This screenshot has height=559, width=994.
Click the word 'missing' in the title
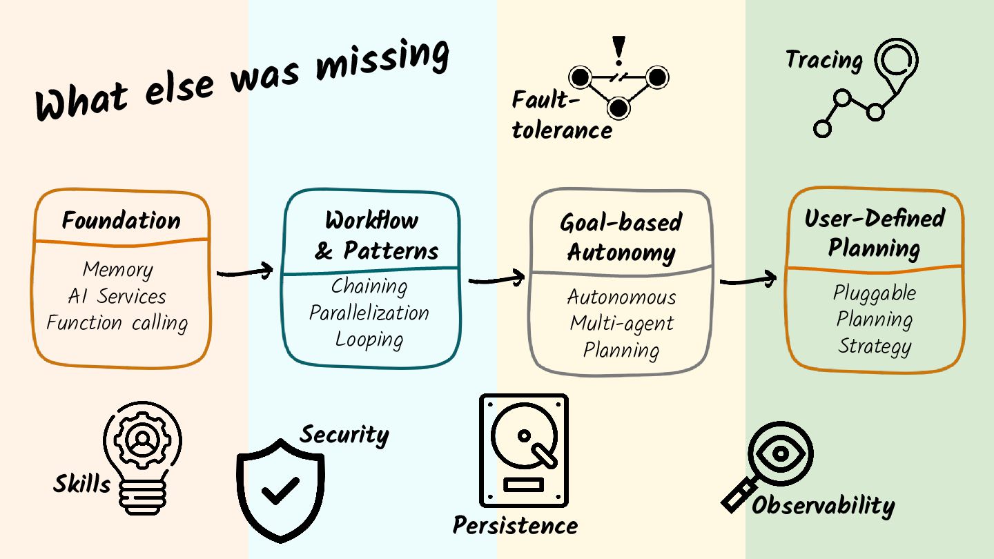[x=382, y=60]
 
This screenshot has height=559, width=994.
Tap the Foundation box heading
[x=121, y=220]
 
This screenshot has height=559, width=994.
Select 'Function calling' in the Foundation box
[x=117, y=322]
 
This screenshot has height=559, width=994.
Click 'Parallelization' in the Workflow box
[x=369, y=313]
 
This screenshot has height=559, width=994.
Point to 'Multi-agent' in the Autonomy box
[x=622, y=324]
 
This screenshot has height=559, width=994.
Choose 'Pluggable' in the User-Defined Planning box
[x=874, y=293]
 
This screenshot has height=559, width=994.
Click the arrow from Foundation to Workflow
[x=245, y=271]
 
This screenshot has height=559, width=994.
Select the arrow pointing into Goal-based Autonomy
[x=496, y=278]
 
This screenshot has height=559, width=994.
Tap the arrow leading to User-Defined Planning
[x=748, y=279]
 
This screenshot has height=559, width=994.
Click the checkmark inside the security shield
[x=280, y=490]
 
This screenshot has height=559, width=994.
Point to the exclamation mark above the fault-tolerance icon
[x=618, y=51]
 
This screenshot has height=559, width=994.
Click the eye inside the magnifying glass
[x=781, y=453]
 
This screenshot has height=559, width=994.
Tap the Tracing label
[x=824, y=60]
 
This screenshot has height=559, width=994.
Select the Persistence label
[x=515, y=525]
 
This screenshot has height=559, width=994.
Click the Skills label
[x=81, y=483]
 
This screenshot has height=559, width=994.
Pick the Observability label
[x=823, y=506]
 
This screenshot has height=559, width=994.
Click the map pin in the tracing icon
[x=897, y=65]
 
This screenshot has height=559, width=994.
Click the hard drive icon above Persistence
[x=524, y=450]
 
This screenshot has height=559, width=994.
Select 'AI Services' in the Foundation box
[x=117, y=296]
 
